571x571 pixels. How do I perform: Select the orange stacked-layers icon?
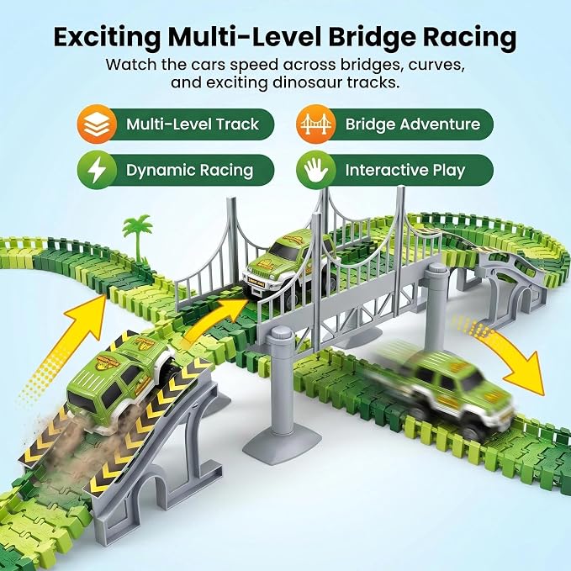point(97,124)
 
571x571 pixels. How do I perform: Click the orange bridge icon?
point(315,124)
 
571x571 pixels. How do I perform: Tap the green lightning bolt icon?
point(97,170)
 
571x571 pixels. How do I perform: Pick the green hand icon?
point(315,170)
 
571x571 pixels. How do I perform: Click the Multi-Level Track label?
point(193,124)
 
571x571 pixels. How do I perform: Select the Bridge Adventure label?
point(413,124)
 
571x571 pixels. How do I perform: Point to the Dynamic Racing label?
point(189,170)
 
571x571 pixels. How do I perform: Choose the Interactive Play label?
point(405,170)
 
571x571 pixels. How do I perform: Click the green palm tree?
point(138,237)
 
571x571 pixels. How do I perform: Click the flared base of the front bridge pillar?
point(282,441)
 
